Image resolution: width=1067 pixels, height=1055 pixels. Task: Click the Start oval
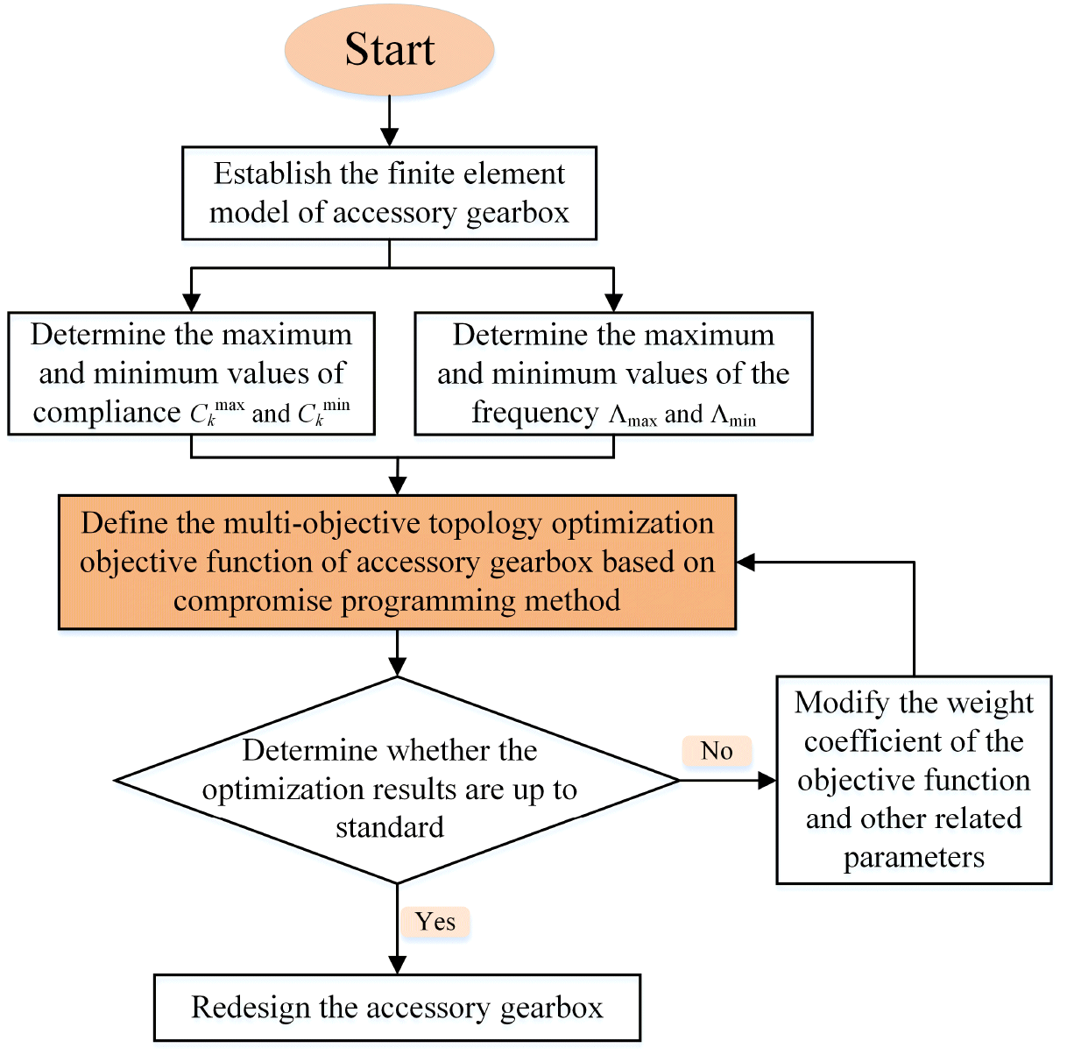click(x=390, y=50)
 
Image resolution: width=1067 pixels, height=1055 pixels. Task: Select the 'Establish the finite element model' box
click(x=390, y=193)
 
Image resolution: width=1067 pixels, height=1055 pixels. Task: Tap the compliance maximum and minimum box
click(x=192, y=373)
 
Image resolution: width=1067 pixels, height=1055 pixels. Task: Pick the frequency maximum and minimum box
click(x=613, y=373)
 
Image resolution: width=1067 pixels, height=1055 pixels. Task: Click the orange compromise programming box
click(x=397, y=562)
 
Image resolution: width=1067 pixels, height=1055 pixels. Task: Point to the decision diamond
click(x=397, y=780)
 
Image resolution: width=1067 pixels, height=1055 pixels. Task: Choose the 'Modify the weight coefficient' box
click(x=914, y=780)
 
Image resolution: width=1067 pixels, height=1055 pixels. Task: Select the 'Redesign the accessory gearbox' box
click(x=397, y=1008)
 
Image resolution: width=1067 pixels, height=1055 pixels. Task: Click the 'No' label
click(x=717, y=751)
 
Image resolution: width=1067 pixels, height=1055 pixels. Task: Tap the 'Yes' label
click(x=435, y=922)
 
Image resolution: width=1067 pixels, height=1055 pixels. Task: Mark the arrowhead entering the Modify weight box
click(x=767, y=780)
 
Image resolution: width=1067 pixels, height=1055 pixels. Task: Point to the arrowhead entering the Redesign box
click(x=397, y=965)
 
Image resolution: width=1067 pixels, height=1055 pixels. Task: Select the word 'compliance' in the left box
click(x=107, y=413)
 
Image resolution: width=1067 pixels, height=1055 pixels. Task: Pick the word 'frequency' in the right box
click(x=534, y=413)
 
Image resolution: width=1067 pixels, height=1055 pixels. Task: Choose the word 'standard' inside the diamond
click(x=390, y=827)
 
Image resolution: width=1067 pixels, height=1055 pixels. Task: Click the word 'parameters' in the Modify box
click(x=914, y=857)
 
